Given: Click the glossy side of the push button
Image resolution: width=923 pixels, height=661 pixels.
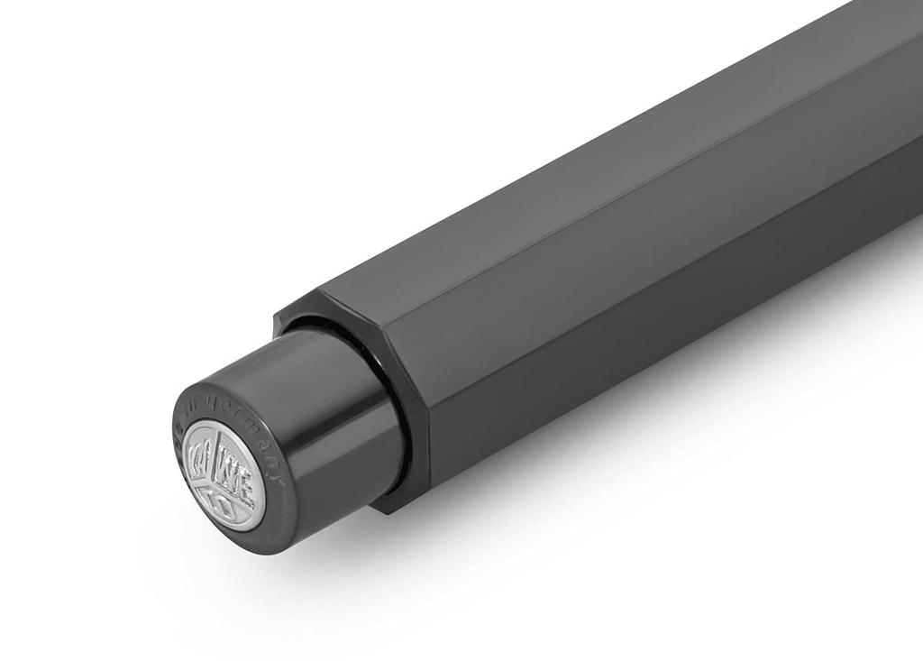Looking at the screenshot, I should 315,424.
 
